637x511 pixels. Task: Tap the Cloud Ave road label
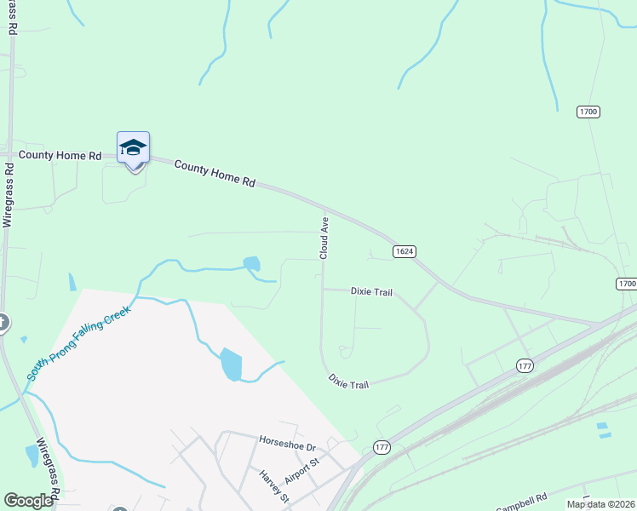324,238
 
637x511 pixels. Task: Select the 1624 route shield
405,251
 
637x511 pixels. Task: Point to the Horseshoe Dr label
287,446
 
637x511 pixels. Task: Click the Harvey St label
274,486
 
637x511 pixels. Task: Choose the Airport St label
301,471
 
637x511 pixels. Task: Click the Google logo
28,501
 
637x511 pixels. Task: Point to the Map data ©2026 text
600,504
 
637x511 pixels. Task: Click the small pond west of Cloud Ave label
251,264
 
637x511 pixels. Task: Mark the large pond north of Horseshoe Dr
231,365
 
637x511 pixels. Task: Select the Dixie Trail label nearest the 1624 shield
371,292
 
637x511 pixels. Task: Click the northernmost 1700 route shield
588,112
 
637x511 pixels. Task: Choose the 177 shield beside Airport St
381,447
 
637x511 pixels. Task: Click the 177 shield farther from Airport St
525,365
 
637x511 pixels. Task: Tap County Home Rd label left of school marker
60,155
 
